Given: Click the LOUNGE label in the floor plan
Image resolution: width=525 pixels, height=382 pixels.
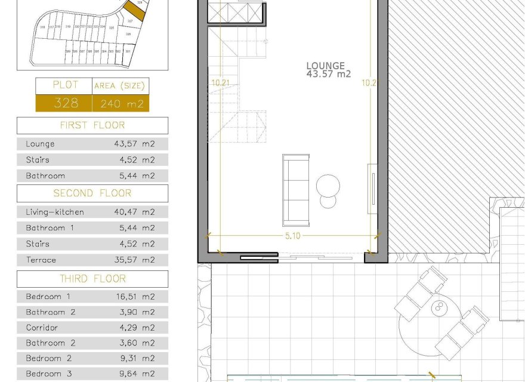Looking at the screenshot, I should [325, 66].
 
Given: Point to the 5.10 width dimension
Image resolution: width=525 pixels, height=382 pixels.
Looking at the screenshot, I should [293, 236].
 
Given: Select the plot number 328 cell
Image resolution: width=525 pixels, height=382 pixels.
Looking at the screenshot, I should [66, 103].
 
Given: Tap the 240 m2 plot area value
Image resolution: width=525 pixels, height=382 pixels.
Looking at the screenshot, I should [121, 103].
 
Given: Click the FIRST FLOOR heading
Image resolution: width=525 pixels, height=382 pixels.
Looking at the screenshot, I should [92, 125].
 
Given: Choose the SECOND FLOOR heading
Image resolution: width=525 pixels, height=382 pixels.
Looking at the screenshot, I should [92, 193].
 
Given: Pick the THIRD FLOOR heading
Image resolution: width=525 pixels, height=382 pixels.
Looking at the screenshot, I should [92, 279].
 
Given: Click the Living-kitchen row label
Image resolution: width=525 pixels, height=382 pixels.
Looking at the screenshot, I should [55, 212].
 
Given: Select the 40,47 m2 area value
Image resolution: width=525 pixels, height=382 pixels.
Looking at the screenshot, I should [134, 212].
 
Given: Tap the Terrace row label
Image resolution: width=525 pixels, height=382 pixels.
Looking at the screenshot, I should [41, 260].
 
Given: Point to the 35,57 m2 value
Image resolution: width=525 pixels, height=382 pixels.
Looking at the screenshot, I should [134, 260].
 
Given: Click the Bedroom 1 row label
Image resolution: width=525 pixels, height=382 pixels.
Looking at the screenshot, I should [48, 297].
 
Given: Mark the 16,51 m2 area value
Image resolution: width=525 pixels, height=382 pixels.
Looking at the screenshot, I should [134, 297].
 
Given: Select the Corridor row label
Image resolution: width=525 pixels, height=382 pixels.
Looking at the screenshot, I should [42, 328].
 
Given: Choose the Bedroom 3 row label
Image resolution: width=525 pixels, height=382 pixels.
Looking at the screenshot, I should [48, 374].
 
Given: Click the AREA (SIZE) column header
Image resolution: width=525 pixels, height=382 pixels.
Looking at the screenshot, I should [121, 86].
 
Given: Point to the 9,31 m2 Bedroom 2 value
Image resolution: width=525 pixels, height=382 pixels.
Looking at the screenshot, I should [134, 359].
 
